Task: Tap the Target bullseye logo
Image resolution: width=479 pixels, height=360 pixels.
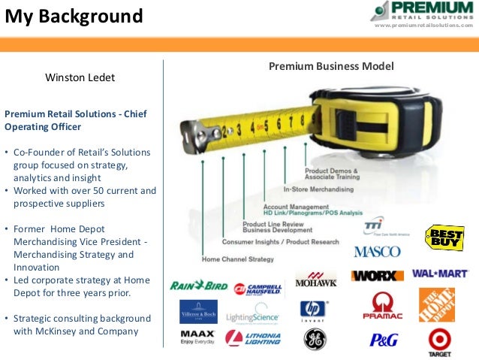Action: (x=439, y=340)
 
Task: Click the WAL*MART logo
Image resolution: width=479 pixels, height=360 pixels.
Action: (x=440, y=274)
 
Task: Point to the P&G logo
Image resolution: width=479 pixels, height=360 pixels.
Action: (x=383, y=340)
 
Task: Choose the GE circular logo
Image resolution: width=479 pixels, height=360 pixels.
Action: (x=315, y=340)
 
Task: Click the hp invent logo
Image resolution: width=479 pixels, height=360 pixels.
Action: (x=313, y=310)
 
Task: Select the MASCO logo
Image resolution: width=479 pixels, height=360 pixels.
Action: (x=378, y=252)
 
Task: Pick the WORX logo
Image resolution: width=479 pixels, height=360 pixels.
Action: (x=377, y=275)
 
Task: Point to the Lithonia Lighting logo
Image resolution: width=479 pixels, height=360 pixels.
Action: (x=254, y=338)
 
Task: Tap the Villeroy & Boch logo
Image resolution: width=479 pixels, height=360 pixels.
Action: (x=198, y=311)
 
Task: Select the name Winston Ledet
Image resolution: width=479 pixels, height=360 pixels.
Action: (x=80, y=77)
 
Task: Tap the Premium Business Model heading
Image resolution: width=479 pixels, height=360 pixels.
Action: (x=331, y=67)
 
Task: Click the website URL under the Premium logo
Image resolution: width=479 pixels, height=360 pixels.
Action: (x=423, y=25)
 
